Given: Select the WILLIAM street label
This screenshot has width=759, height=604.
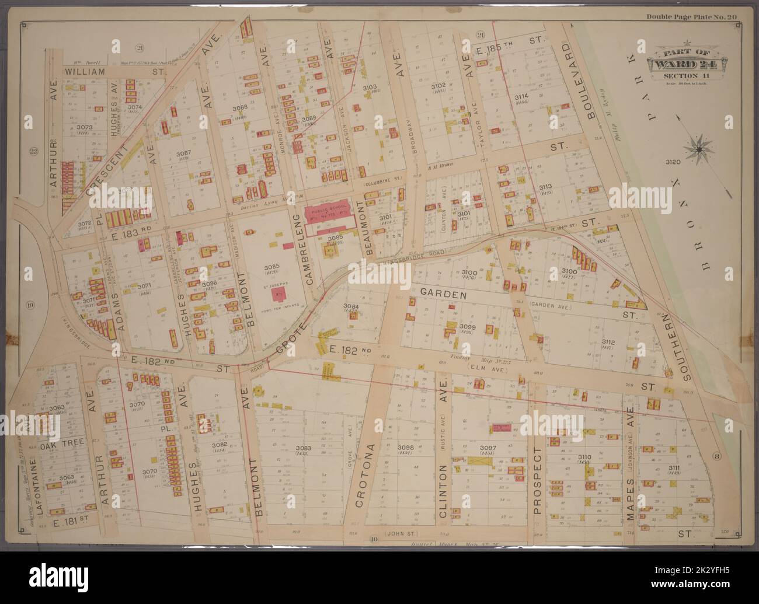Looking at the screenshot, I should (x=85, y=71).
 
